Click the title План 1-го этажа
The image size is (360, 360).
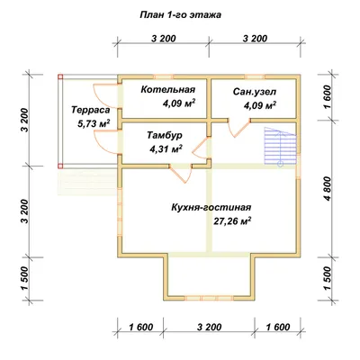pyautogui.click(x=180, y=14)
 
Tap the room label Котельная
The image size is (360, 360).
pyautogui.click(x=168, y=89)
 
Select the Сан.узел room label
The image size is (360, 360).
pyautogui.click(x=255, y=92)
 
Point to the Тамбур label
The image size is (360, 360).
pyautogui.click(x=165, y=136)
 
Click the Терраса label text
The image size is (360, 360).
pyautogui.click(x=91, y=110)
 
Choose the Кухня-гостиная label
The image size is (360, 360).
pyautogui.click(x=211, y=207)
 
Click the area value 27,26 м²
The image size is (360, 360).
pyautogui.click(x=232, y=221)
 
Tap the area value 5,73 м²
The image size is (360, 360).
pyautogui.click(x=94, y=123)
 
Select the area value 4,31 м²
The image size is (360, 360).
pyautogui.click(x=166, y=148)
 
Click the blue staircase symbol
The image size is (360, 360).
pyautogui.click(x=281, y=146)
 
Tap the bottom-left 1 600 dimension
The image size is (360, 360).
pyautogui.click(x=141, y=327)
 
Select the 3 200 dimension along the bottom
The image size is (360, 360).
pyautogui.click(x=210, y=327)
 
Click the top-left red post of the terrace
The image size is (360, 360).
pyautogui.click(x=60, y=76)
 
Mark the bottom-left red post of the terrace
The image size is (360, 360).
pyautogui.click(x=60, y=166)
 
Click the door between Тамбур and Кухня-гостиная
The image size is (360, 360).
pyautogui.click(x=181, y=174)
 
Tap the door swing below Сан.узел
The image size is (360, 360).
pyautogui.click(x=238, y=128)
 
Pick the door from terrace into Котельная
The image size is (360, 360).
pyautogui.click(x=105, y=96)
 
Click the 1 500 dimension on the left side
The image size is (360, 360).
pyautogui.click(x=24, y=278)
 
